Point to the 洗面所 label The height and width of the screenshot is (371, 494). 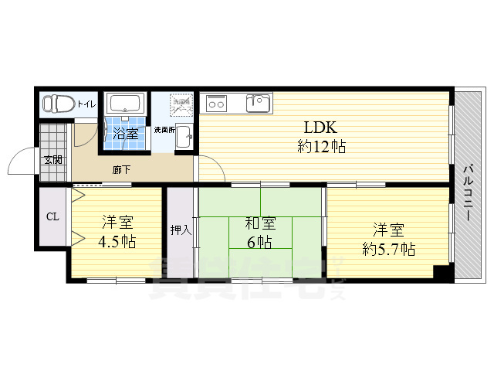[x=164, y=129]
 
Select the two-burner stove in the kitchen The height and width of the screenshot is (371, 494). [x=216, y=102]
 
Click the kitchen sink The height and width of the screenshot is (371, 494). [x=258, y=102]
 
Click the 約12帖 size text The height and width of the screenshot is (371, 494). [x=320, y=147]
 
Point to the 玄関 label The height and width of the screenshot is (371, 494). [x=53, y=160]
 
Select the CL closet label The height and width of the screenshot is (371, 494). [x=52, y=216]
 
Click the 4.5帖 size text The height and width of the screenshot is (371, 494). [x=117, y=242]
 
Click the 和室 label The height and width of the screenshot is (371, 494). [x=259, y=224]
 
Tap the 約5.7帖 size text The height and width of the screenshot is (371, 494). [x=388, y=249]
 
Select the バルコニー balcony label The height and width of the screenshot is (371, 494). [x=468, y=193]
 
